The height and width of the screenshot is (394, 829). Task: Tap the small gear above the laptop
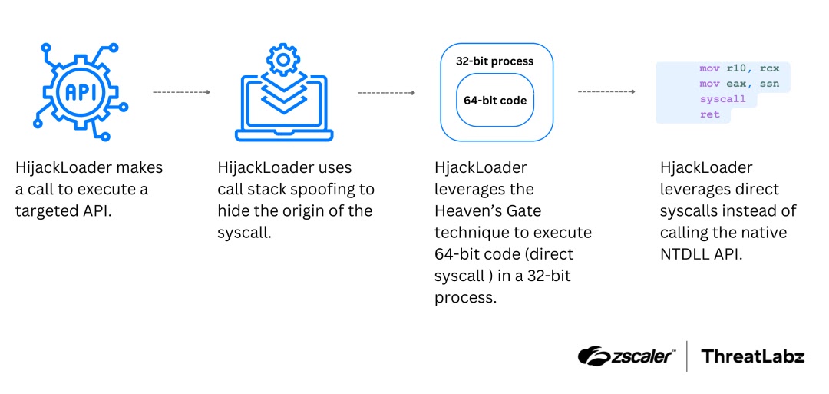[x=284, y=59]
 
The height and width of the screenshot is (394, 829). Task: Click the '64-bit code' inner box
[x=495, y=100]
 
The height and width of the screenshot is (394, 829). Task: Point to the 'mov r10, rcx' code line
[x=739, y=68]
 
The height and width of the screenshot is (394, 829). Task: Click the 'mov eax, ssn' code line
[x=739, y=84]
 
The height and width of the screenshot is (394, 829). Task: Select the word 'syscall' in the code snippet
[x=722, y=99]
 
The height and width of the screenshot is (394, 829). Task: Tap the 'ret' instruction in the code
[x=710, y=114]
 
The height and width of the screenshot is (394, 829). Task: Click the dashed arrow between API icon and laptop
[x=181, y=92]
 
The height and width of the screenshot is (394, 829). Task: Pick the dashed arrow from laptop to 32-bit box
[x=386, y=92]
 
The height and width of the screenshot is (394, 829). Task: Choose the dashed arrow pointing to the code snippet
[x=606, y=92]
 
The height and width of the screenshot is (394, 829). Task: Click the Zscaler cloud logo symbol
[x=594, y=355]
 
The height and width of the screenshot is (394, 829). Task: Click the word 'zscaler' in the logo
[x=641, y=356]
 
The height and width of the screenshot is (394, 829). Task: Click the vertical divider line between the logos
[x=687, y=356]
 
